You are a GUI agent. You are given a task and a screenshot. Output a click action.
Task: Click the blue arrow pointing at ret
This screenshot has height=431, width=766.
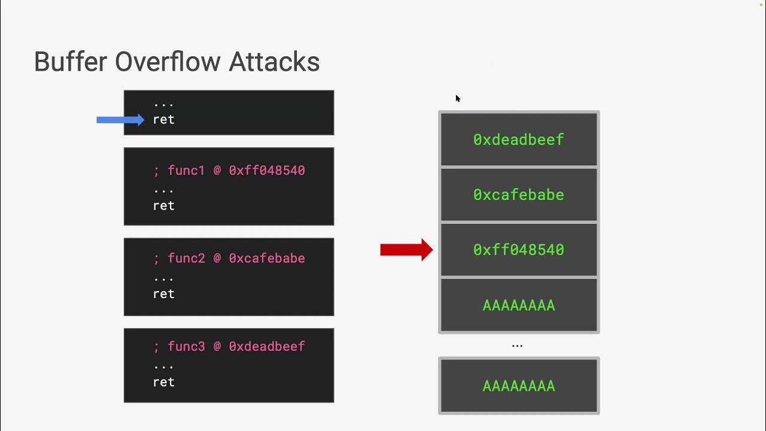click(x=120, y=120)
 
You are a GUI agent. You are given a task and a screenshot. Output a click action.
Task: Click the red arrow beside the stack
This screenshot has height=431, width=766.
click(x=406, y=250)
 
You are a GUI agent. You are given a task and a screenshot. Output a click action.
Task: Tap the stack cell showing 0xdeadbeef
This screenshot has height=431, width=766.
click(x=518, y=139)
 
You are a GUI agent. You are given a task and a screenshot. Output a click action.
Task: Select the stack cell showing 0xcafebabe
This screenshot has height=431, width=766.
click(x=518, y=195)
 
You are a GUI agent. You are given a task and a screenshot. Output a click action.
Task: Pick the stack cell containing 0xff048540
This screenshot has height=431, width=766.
click(x=518, y=250)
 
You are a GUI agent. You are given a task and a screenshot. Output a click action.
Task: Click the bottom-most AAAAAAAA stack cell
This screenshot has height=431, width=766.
click(x=518, y=386)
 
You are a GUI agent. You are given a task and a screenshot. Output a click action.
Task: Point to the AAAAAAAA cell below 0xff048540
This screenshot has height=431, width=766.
click(x=518, y=305)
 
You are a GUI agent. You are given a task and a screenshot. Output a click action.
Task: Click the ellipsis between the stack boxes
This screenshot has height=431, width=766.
click(x=517, y=346)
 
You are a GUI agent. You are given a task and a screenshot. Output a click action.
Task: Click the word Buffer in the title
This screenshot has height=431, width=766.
click(x=71, y=62)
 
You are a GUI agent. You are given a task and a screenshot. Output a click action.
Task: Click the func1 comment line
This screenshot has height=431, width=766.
click(x=229, y=171)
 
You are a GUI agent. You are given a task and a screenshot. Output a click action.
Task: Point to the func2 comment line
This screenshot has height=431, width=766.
click(x=229, y=258)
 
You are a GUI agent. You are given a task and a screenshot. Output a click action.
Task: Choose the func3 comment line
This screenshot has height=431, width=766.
click(x=229, y=346)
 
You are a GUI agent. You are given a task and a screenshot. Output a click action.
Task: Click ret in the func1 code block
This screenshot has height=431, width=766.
click(x=163, y=205)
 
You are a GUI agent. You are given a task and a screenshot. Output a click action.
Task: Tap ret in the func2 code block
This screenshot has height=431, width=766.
click(x=163, y=293)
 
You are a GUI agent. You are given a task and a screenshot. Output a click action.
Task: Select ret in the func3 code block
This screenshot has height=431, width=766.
click(x=163, y=382)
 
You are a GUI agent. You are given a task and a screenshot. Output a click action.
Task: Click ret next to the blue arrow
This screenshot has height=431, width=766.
click(x=163, y=120)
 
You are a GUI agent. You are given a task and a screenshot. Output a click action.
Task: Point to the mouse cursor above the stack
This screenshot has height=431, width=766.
click(x=458, y=99)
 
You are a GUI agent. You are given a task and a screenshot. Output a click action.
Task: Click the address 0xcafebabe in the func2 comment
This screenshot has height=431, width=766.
click(x=267, y=258)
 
